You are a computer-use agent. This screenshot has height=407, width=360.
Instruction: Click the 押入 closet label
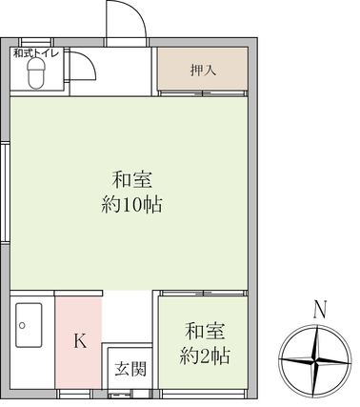coord(203,70)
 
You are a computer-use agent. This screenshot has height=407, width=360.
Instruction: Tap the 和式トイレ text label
coord(36,53)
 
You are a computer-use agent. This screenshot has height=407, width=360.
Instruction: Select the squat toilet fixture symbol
coord(36,74)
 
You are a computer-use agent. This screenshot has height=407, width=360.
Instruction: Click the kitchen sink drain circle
coord(22,325)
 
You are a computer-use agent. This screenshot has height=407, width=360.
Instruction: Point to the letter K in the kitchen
coord(80,341)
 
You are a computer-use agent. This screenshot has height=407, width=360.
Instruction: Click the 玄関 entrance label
coord(130,369)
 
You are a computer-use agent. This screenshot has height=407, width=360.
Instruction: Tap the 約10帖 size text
coord(131,205)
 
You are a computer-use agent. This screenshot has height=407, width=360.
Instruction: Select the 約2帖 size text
coord(205,356)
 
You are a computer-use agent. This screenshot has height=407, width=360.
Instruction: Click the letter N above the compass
coord(320,309)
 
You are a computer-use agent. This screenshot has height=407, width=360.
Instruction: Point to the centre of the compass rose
coord(316,361)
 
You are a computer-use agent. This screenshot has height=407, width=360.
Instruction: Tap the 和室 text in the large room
coord(132,179)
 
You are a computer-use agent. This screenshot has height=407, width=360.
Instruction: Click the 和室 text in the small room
coord(205,331)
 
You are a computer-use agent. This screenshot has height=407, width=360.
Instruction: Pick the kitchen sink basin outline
coord(29,325)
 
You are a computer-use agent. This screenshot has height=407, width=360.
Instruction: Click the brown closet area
coord(203,69)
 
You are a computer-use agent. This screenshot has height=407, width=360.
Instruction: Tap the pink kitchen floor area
coord(78,342)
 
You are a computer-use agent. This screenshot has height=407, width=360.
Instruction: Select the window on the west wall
coord(5,193)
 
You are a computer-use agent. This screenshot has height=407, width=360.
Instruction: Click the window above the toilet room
coord(36,42)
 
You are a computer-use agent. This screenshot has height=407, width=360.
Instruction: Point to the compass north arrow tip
coord(317,326)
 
